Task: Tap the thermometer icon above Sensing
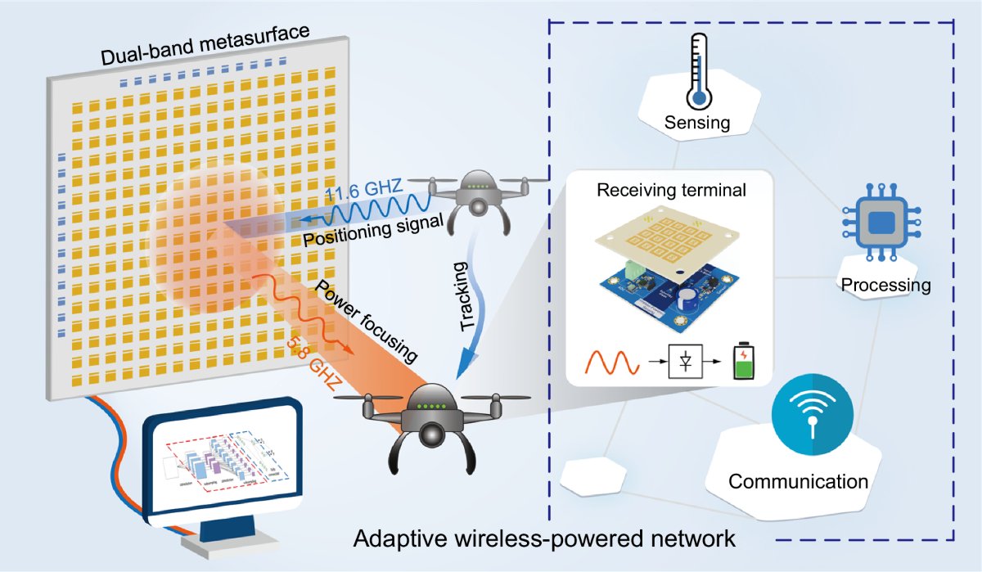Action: point(697,71)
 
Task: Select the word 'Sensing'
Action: point(696,124)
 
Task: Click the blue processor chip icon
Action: point(881,222)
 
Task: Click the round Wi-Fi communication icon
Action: point(810,414)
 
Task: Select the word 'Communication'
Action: point(798,480)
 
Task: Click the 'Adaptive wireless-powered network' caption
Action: point(545,539)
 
